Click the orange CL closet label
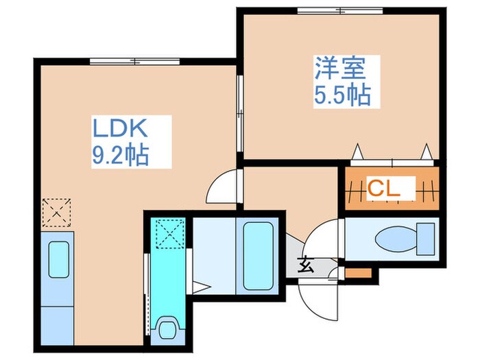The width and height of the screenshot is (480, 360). click(x=383, y=187)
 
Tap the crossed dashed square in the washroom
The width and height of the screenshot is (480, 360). click(x=167, y=234)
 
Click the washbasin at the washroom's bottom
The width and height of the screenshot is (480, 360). click(x=166, y=329)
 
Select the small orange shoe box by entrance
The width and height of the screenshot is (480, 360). click(x=357, y=274)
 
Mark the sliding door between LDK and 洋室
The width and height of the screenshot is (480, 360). click(x=240, y=114)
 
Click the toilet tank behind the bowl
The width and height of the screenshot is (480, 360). click(x=427, y=239)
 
